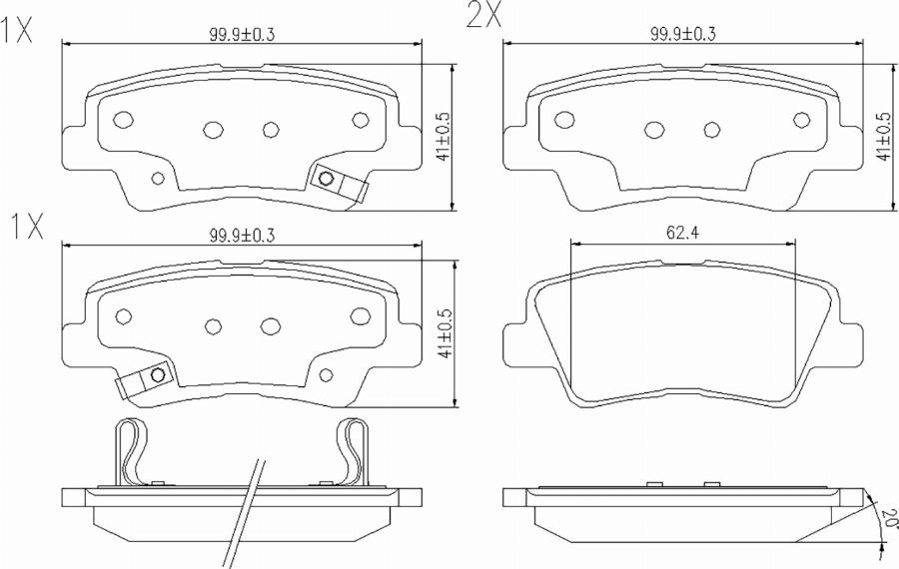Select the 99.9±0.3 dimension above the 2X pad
pos(683,34)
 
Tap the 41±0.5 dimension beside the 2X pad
pos(882,136)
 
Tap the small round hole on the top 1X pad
pos(156,179)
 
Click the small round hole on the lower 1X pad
pos(328,375)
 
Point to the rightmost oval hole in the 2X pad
pos(801,120)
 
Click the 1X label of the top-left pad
pos(18,33)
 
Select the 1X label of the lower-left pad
pos(27,229)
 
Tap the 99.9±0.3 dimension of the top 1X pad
pos(242,34)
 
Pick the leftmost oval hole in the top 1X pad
pos(124,120)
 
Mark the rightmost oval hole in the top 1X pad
pos(361,120)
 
